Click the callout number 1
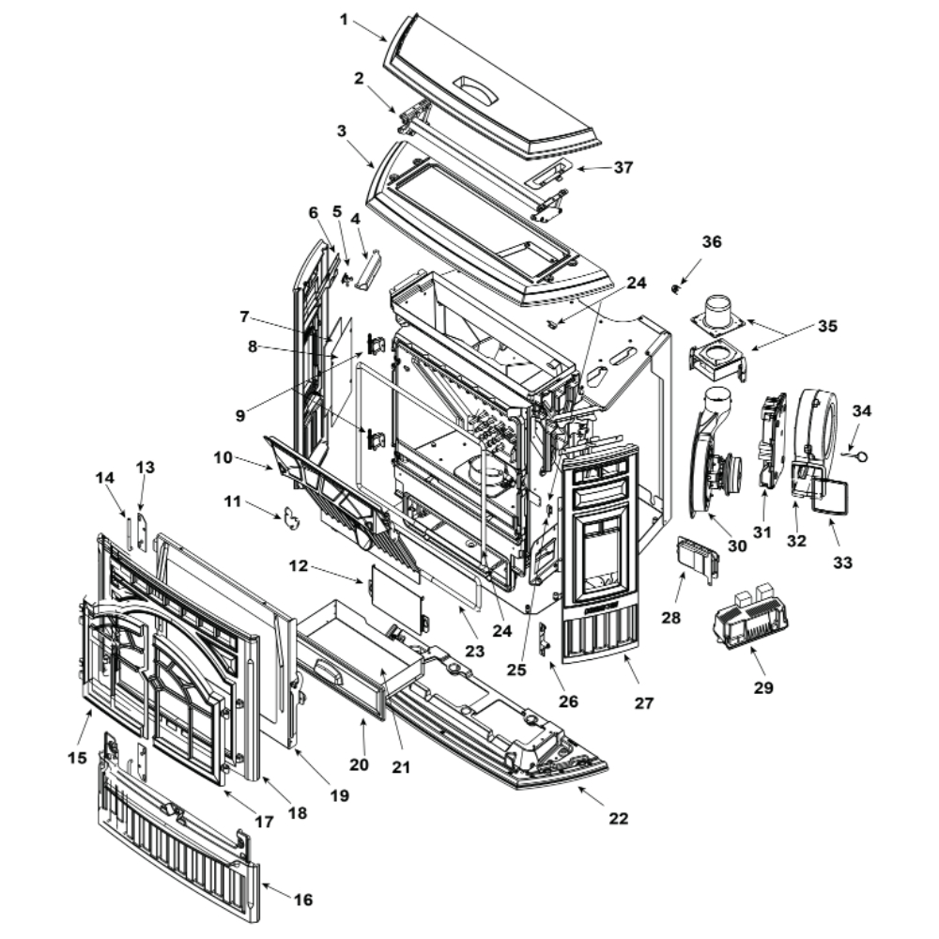coord(345,19)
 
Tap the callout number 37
coord(623,167)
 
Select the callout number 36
coord(712,241)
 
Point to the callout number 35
coord(825,327)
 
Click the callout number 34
coord(861,410)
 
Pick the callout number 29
coord(763,687)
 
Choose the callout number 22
coord(617,818)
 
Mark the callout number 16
coord(302,899)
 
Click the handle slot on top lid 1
coord(478,88)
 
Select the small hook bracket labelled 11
coord(294,516)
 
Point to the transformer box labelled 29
coord(749,620)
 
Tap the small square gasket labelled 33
coord(827,495)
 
